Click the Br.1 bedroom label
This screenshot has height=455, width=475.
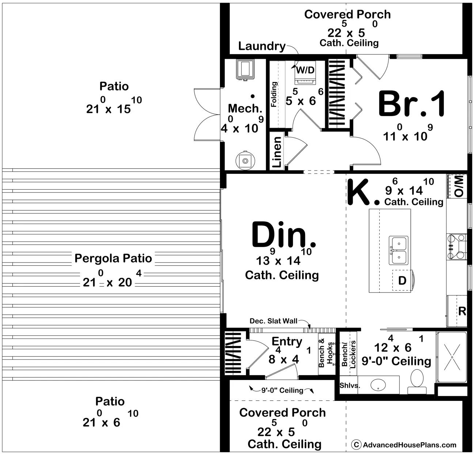pyautogui.click(x=412, y=104)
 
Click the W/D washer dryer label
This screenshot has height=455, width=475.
pyautogui.click(x=305, y=70)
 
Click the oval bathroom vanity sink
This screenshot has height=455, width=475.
pyautogui.click(x=378, y=385)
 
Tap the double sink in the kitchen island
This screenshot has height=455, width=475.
pyautogui.click(x=398, y=250)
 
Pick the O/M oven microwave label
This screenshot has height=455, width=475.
pyautogui.click(x=459, y=186)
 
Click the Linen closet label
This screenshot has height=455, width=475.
pyautogui.click(x=277, y=152)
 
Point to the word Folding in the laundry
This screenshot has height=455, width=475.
pyautogui.click(x=274, y=94)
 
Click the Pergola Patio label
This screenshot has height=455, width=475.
pyautogui.click(x=113, y=258)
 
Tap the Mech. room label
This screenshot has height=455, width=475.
pyautogui.click(x=245, y=108)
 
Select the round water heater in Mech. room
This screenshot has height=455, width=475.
pyautogui.click(x=245, y=160)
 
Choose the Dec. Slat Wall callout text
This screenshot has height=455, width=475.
pyautogui.click(x=273, y=321)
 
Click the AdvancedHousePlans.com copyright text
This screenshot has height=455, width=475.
pyautogui.click(x=404, y=445)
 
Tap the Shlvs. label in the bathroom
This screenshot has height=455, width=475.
pyautogui.click(x=350, y=385)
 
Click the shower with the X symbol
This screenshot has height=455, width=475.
pyautogui.click(x=452, y=357)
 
